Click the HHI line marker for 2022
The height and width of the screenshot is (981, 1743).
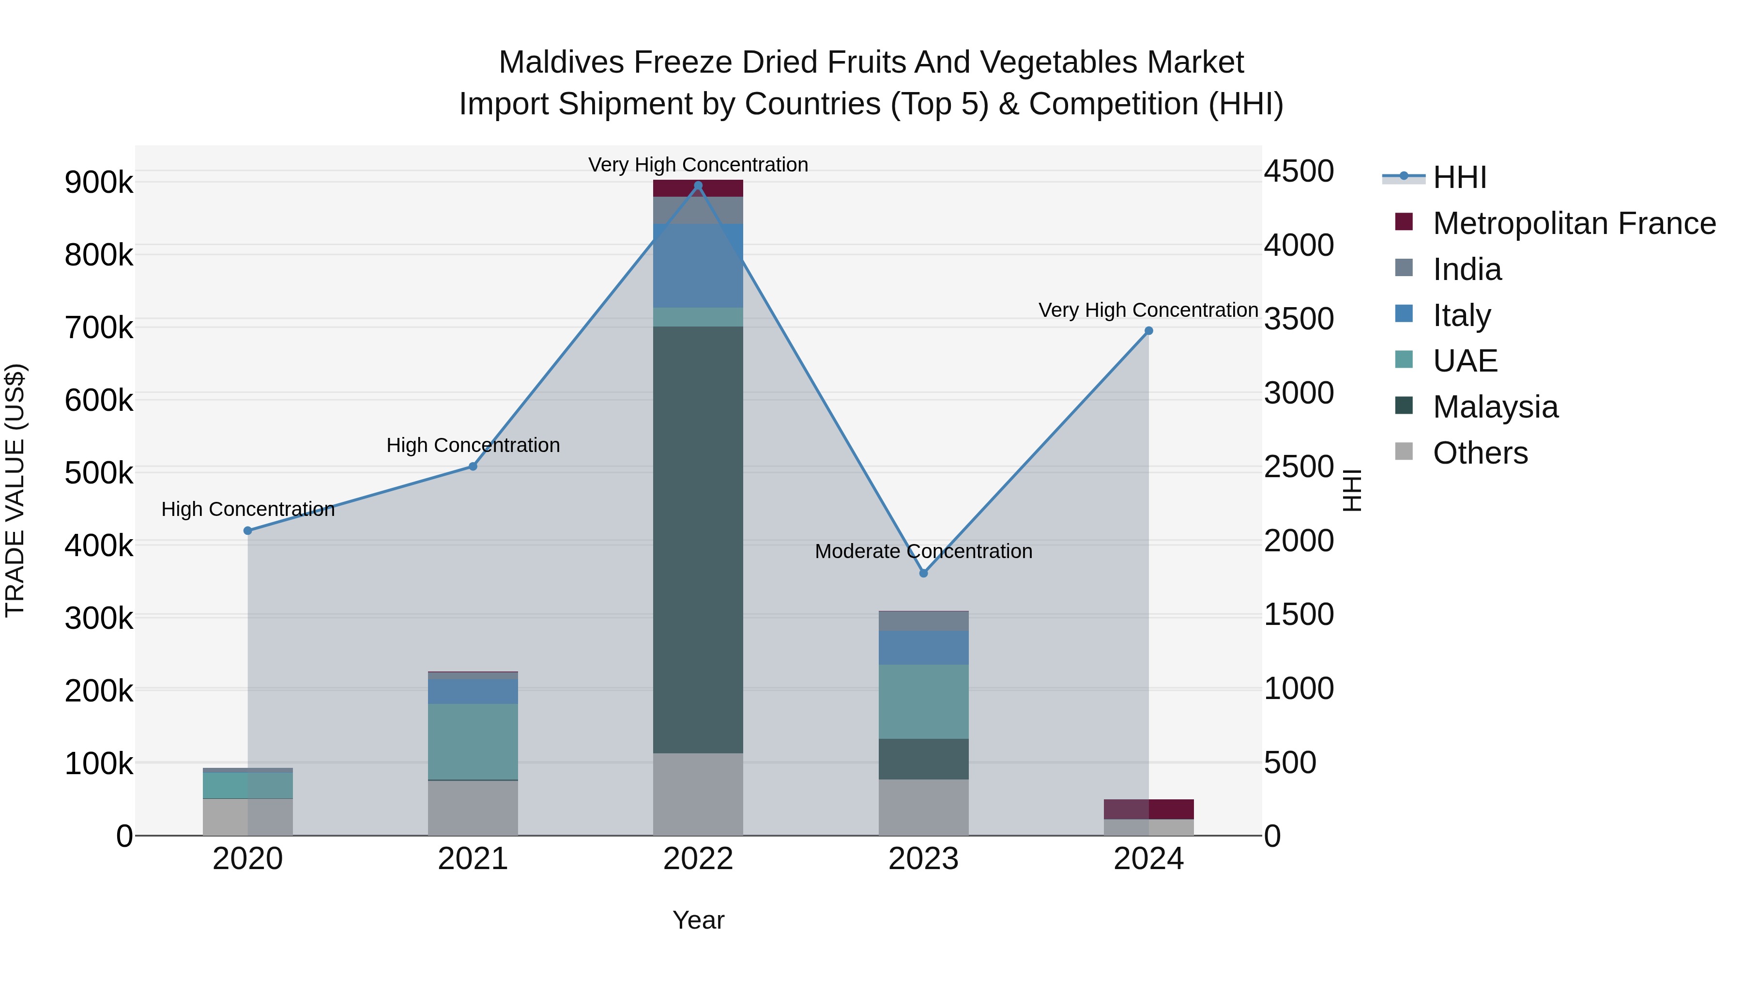coord(698,186)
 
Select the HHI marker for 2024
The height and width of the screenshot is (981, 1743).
coord(1149,331)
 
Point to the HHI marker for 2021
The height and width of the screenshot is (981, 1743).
coord(473,467)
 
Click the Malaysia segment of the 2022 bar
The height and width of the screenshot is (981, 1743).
coord(698,540)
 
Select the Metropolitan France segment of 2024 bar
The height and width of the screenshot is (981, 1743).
coord(1149,809)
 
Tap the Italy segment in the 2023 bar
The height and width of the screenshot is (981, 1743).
coord(924,648)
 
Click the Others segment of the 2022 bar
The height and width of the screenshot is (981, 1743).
coord(698,794)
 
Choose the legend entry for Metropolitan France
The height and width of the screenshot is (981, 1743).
coord(1574,223)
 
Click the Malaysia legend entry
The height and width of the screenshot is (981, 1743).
coord(1496,407)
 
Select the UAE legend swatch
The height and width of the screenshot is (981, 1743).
coord(1404,360)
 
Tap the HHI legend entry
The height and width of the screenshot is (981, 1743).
coord(1459,177)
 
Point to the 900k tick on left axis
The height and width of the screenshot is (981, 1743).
coord(99,183)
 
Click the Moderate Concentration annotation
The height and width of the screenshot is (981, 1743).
coord(924,551)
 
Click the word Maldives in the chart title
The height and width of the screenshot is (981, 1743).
coord(561,62)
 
